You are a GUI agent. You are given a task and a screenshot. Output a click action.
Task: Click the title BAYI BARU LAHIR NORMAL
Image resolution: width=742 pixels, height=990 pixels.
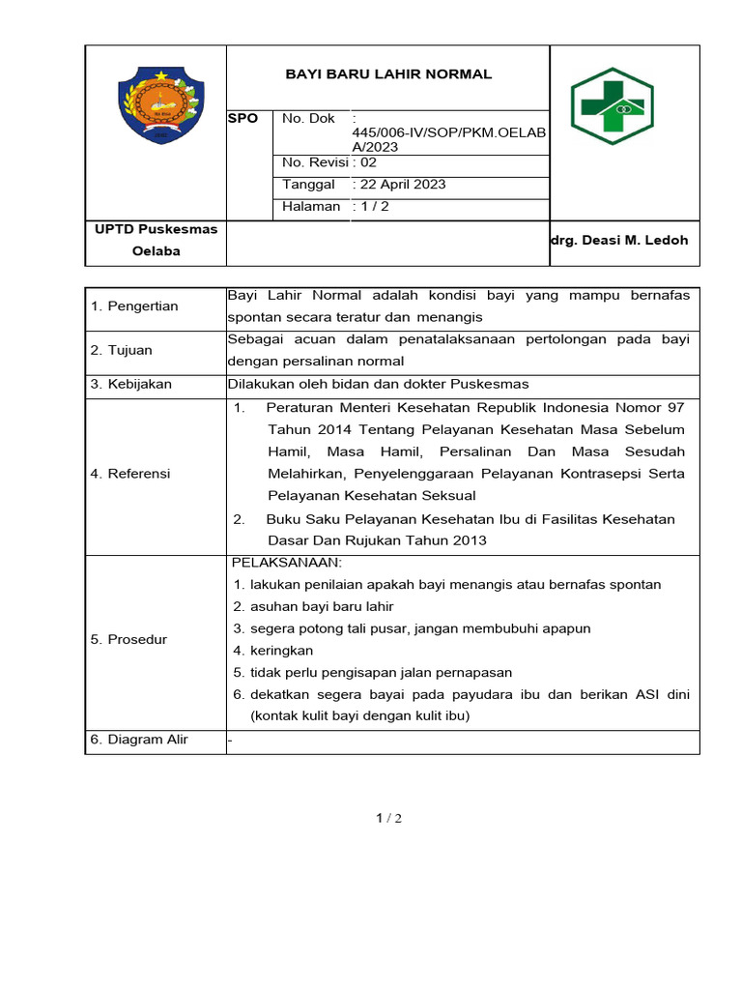click(x=388, y=74)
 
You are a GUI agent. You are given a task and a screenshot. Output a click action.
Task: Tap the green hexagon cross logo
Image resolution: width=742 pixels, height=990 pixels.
click(x=612, y=106)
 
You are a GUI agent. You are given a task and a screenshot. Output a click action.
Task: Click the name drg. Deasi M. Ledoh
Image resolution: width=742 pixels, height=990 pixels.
click(x=619, y=241)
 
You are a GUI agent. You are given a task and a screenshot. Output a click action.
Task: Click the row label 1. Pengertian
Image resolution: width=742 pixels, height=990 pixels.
click(x=134, y=306)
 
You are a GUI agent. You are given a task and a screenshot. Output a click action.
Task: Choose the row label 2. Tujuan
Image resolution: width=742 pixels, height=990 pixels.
click(x=121, y=350)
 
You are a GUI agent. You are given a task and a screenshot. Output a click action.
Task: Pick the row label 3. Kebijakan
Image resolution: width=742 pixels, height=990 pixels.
click(x=130, y=384)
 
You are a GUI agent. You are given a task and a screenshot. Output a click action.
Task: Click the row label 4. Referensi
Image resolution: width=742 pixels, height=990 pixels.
click(x=130, y=474)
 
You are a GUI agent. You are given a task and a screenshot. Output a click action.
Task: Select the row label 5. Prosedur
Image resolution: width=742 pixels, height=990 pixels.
click(x=128, y=640)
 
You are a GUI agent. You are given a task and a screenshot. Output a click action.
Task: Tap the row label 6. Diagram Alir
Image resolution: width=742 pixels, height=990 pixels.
click(x=139, y=741)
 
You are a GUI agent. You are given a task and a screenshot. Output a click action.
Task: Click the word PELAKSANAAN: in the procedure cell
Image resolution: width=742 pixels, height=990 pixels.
click(x=287, y=564)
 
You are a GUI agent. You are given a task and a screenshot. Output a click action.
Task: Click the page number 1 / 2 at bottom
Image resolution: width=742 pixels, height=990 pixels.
click(x=388, y=819)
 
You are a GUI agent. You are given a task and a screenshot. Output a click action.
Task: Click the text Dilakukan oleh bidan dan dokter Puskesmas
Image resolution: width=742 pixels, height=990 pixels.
click(x=378, y=384)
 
